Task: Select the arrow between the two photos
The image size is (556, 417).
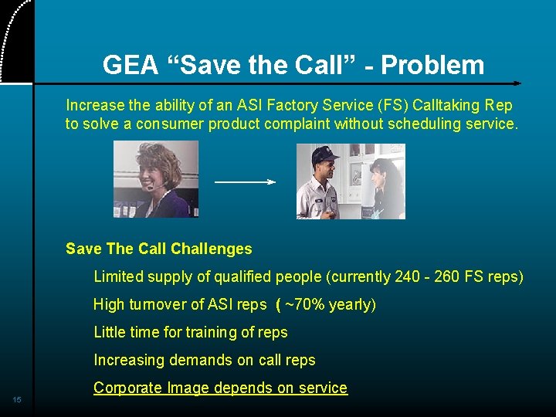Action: (x=245, y=182)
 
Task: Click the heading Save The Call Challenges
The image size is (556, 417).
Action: (x=159, y=249)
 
